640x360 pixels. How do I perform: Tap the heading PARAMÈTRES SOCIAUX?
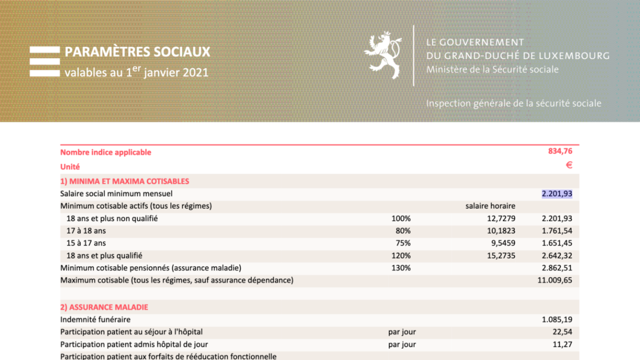click(x=138, y=52)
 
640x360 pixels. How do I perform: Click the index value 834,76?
click(x=560, y=152)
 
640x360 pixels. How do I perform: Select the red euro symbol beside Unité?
click(x=569, y=166)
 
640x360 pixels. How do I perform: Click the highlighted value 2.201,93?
click(x=557, y=194)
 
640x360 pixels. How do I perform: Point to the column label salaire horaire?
click(x=490, y=206)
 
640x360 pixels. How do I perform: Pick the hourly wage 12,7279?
click(x=500, y=218)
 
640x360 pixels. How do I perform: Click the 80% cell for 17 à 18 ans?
click(x=403, y=231)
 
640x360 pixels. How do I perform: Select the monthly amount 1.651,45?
click(x=557, y=243)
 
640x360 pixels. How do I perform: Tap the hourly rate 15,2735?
click(x=500, y=256)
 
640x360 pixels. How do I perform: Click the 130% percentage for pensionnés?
click(x=401, y=268)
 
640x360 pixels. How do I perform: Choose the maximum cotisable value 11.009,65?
click(x=555, y=281)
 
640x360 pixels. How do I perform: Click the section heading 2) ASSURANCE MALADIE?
click(x=104, y=307)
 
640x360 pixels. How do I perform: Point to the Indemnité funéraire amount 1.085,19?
click(x=557, y=320)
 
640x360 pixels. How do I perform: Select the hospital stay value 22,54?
click(x=563, y=332)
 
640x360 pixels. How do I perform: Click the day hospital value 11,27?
click(x=563, y=345)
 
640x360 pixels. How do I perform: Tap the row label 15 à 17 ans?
click(x=86, y=243)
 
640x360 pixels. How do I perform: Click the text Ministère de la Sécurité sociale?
click(x=492, y=69)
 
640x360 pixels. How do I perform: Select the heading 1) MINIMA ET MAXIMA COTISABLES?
click(x=124, y=181)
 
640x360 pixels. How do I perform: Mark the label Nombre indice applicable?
click(x=106, y=153)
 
